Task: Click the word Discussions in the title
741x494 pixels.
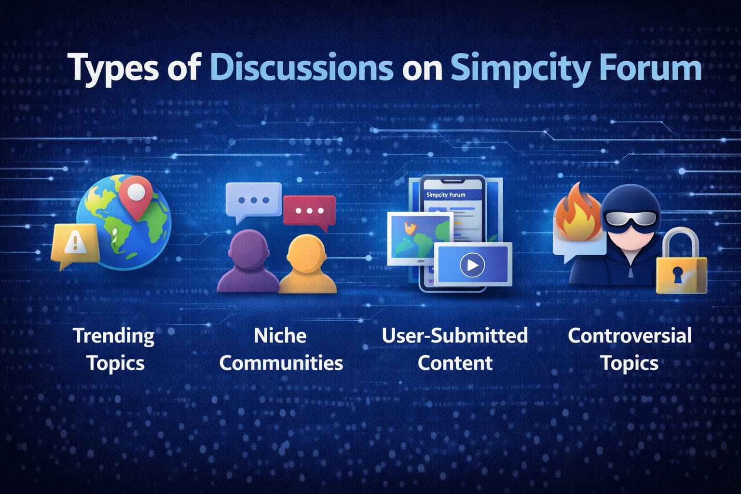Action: click(x=301, y=68)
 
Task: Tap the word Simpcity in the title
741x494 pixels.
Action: click(x=519, y=69)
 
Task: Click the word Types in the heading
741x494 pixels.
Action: click(x=115, y=69)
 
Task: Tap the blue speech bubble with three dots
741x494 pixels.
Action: click(x=253, y=200)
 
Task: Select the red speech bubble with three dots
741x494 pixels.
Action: click(x=309, y=211)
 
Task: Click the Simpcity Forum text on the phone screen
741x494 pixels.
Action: click(x=446, y=195)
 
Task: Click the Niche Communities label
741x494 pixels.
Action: click(x=281, y=349)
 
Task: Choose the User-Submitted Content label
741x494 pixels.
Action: click(x=454, y=349)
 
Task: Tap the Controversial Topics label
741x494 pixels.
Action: click(x=629, y=349)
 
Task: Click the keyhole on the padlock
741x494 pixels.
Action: click(x=677, y=274)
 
